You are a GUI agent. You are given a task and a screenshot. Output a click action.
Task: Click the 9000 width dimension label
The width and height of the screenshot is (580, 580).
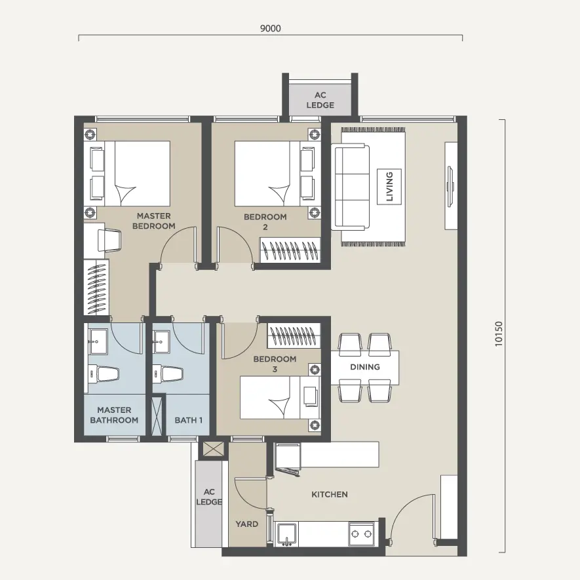pyautogui.click(x=271, y=28)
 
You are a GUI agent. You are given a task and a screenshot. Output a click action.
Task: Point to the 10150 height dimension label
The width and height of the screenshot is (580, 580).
pyautogui.click(x=499, y=334)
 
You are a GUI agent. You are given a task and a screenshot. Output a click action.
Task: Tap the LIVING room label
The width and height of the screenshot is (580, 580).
pyautogui.click(x=389, y=186)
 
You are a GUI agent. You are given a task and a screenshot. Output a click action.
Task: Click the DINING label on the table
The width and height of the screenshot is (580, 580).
pyautogui.click(x=365, y=367)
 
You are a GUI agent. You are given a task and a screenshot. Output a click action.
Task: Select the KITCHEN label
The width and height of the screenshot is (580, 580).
pyautogui.click(x=330, y=495)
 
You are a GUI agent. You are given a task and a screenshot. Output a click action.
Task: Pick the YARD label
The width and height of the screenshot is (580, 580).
pyautogui.click(x=246, y=524)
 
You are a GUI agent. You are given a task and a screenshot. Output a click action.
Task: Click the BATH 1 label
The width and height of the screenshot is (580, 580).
pyautogui.click(x=188, y=420)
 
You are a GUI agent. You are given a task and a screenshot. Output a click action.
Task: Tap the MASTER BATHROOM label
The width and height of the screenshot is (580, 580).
pyautogui.click(x=114, y=415)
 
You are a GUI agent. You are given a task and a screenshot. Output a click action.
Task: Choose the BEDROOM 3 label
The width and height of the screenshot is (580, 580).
pyautogui.click(x=275, y=364)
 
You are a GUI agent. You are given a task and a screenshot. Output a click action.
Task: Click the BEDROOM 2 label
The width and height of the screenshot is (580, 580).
pyautogui.click(x=265, y=222)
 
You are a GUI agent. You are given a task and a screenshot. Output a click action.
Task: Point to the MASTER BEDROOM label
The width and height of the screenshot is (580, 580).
pyautogui.click(x=154, y=221)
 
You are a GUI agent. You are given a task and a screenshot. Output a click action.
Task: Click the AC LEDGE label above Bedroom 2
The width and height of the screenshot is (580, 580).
pyautogui.click(x=320, y=100)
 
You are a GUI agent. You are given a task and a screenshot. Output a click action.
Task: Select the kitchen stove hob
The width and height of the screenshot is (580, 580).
pyautogui.click(x=361, y=533)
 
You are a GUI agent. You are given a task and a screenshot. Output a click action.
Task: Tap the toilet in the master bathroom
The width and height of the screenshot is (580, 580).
pyautogui.click(x=104, y=374)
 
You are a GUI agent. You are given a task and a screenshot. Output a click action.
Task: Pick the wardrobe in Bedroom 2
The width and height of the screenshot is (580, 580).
pyautogui.click(x=290, y=250)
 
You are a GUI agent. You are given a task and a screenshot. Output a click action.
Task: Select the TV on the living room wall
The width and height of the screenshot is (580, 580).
pyautogui.click(x=450, y=186)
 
